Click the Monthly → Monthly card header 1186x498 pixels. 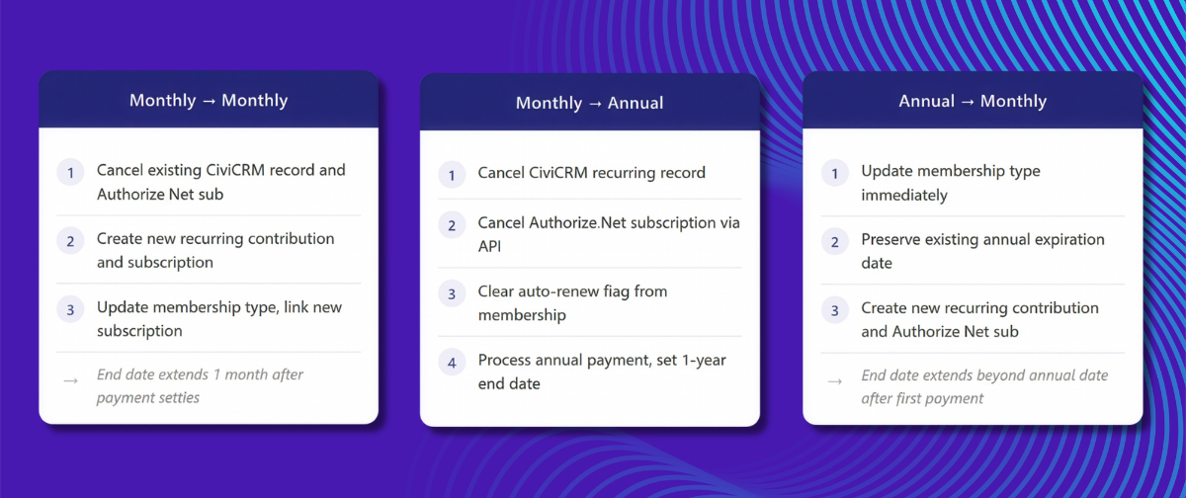pos(209,101)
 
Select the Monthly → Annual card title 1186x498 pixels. pos(589,103)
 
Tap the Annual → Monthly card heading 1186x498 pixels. pos(973,101)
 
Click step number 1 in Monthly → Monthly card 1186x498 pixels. pos(71,172)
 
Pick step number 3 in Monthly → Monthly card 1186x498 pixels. pos(71,309)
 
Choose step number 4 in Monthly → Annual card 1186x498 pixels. pos(452,363)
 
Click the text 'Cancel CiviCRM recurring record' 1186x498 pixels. pos(591,173)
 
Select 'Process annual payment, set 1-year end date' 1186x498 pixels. pos(601,372)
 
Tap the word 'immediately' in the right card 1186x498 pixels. pos(903,195)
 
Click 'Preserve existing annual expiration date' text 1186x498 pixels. pos(982,251)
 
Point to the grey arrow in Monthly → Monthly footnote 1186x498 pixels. pos(70,380)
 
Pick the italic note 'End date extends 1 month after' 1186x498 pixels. pos(200,374)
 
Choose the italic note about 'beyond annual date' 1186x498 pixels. pos(984,375)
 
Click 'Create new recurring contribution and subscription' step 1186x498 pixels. pos(215,251)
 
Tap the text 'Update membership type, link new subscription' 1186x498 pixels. pos(218,318)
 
